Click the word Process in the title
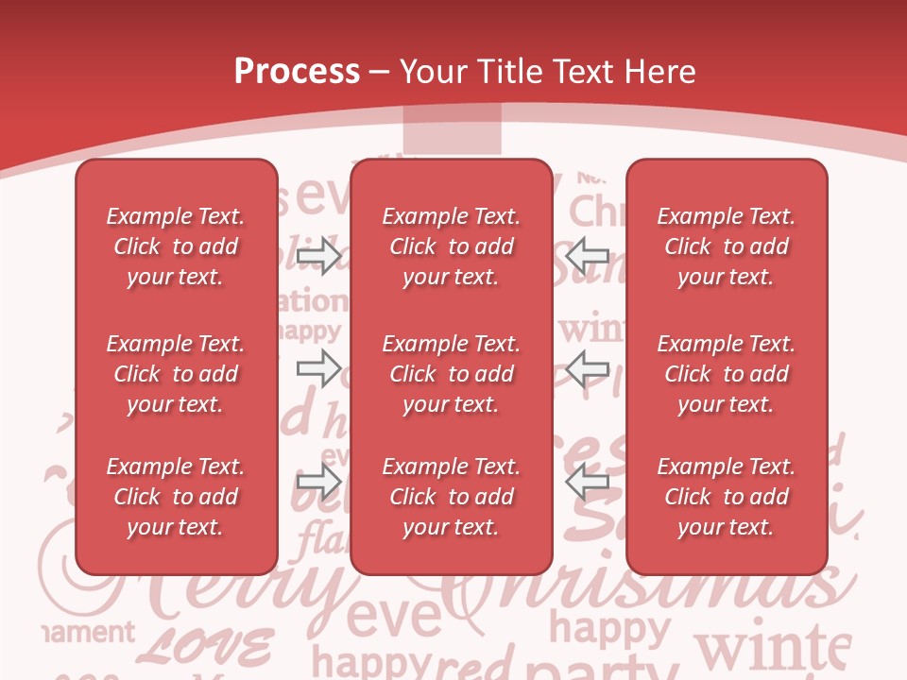coord(297,72)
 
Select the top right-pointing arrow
coord(318,255)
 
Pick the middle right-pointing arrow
coord(318,368)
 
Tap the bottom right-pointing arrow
coord(318,482)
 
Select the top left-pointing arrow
coord(587,255)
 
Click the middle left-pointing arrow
coord(587,368)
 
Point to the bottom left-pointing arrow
coord(587,482)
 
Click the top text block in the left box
coord(176,246)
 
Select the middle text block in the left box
coord(176,374)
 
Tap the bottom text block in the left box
coord(176,497)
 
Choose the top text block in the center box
coord(451,246)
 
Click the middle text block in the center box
coord(451,374)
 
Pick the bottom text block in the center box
coord(451,497)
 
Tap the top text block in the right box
coord(726,246)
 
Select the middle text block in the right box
coord(726,374)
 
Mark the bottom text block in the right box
coord(726,497)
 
